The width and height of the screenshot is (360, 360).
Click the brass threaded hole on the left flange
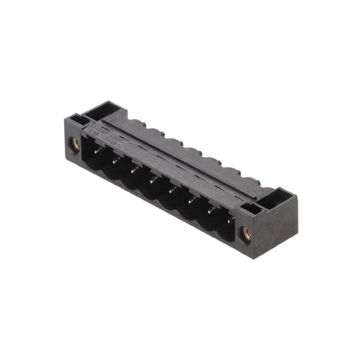(75, 144)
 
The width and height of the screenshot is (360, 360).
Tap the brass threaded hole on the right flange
(247, 234)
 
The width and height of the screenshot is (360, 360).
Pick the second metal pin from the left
(116, 160)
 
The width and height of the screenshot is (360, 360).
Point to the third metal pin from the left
(135, 170)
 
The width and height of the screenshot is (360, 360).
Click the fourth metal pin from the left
(153, 180)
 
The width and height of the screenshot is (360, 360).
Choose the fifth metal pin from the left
(171, 189)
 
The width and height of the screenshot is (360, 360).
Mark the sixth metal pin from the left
(191, 199)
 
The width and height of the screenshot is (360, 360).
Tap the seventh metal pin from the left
(210, 210)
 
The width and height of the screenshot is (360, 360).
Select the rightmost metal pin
(229, 220)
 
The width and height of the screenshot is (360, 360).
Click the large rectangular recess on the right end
(275, 198)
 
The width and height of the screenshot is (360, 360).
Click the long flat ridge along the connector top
(180, 153)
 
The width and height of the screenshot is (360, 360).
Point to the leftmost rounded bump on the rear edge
(135, 122)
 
